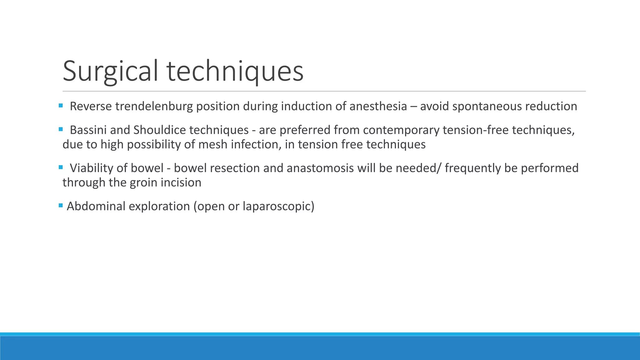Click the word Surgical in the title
tap(110, 71)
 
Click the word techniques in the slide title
tap(235, 71)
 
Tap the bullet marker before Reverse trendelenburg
tap(61, 106)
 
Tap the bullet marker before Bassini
tap(61, 129)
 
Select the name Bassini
tap(88, 130)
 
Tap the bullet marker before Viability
tap(61, 167)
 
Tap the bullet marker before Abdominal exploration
tap(61, 206)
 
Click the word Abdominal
tap(96, 206)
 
